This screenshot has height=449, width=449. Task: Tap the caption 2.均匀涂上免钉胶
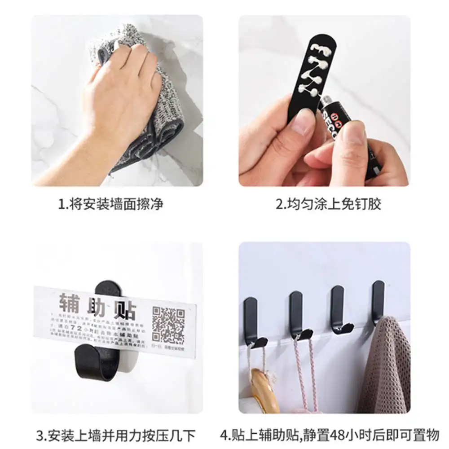click(328, 204)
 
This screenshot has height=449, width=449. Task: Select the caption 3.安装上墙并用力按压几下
click(116, 435)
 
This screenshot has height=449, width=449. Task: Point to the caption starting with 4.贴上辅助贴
click(329, 435)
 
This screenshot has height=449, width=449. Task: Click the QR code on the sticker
click(167, 324)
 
